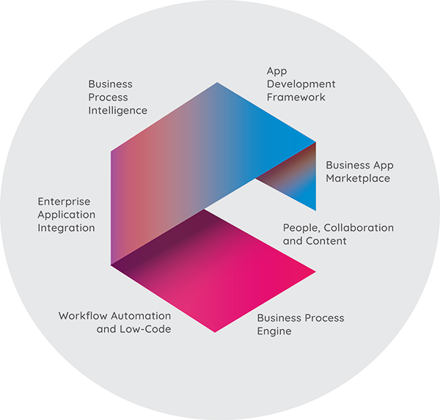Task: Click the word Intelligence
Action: click(x=117, y=111)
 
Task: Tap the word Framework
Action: click(x=296, y=97)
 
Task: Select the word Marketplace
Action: click(x=358, y=178)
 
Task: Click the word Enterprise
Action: click(x=64, y=202)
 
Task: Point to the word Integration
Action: click(x=66, y=228)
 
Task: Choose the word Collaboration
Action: click(x=359, y=228)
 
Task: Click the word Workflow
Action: click(x=83, y=316)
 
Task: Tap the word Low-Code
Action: click(x=145, y=329)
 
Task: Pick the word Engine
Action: click(x=274, y=331)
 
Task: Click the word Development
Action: click(x=301, y=84)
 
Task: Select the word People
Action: click(x=301, y=229)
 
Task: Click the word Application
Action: click(x=67, y=215)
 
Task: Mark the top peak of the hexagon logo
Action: click(x=217, y=83)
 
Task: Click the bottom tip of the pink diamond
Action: click(x=215, y=333)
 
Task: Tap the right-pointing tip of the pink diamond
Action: click(x=316, y=272)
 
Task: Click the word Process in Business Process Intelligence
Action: click(x=108, y=97)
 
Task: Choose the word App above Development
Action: click(x=276, y=71)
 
